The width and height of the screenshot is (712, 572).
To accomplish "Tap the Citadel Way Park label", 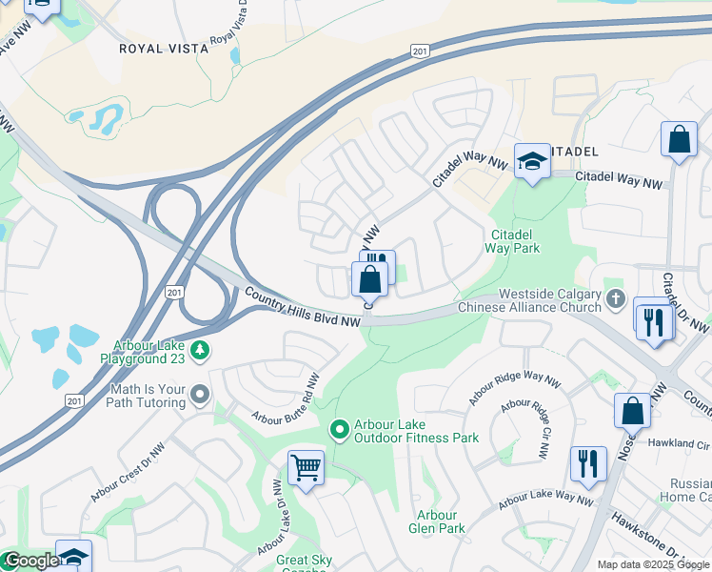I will click(x=515, y=241).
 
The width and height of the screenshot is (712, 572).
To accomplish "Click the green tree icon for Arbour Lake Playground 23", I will click(x=200, y=351).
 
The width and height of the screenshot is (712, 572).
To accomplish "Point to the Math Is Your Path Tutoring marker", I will click(x=199, y=393).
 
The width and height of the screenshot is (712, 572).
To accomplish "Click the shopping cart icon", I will click(x=307, y=468).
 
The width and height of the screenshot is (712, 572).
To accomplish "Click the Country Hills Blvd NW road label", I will click(x=303, y=309).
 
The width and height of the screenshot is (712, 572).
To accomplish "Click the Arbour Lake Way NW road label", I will click(x=545, y=497).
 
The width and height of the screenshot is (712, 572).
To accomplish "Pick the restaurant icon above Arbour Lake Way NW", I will click(x=588, y=463).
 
